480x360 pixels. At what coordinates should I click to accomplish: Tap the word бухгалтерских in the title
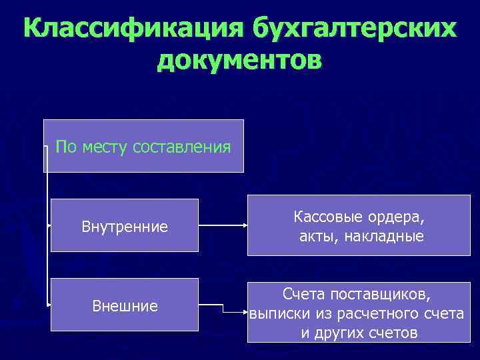point(355,29)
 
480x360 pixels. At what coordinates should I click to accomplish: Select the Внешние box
point(125,305)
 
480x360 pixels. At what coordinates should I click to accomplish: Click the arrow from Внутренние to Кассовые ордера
point(223,226)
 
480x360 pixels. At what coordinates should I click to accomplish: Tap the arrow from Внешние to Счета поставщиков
point(223,307)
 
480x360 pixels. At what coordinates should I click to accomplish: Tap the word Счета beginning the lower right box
point(303,293)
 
